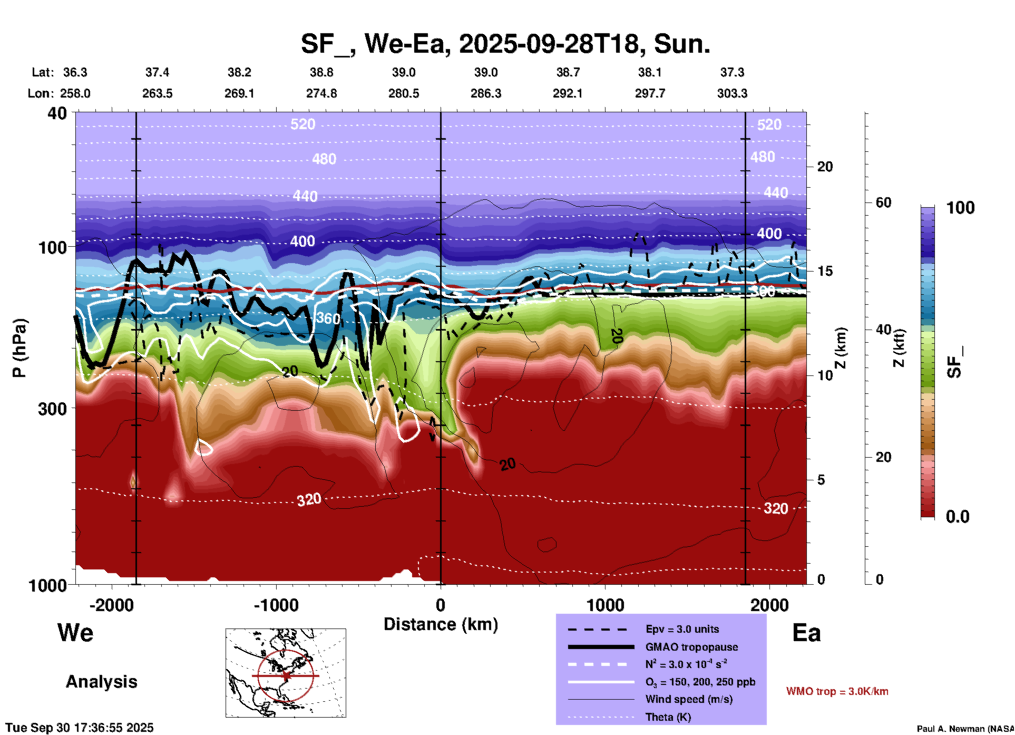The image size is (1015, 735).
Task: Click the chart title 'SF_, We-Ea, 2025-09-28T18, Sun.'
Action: pos(505,44)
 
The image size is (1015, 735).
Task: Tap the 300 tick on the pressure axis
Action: pos(52,409)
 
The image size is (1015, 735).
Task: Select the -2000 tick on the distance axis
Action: pos(111,605)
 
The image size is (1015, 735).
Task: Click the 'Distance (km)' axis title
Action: pos(441,624)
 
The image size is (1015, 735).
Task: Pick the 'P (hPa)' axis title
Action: pos(19,348)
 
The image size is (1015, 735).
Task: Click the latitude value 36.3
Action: pos(75,72)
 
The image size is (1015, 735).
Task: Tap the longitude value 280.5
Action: pos(404,93)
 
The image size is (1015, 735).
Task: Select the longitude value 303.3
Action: pos(732,93)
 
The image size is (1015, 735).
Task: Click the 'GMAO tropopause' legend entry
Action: pos(691,647)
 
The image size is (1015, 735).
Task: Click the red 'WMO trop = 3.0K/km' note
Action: pos(837,691)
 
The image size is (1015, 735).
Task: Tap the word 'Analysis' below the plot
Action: pos(101,682)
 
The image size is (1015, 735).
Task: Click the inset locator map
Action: pos(286,673)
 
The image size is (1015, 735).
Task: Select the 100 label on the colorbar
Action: pos(960,208)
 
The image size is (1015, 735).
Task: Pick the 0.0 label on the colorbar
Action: pos(958,516)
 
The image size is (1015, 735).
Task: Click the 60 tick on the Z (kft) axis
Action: pos(883,202)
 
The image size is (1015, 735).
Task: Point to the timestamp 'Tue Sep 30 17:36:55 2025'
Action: pos(80,728)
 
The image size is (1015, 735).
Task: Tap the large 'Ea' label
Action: pos(806,633)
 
